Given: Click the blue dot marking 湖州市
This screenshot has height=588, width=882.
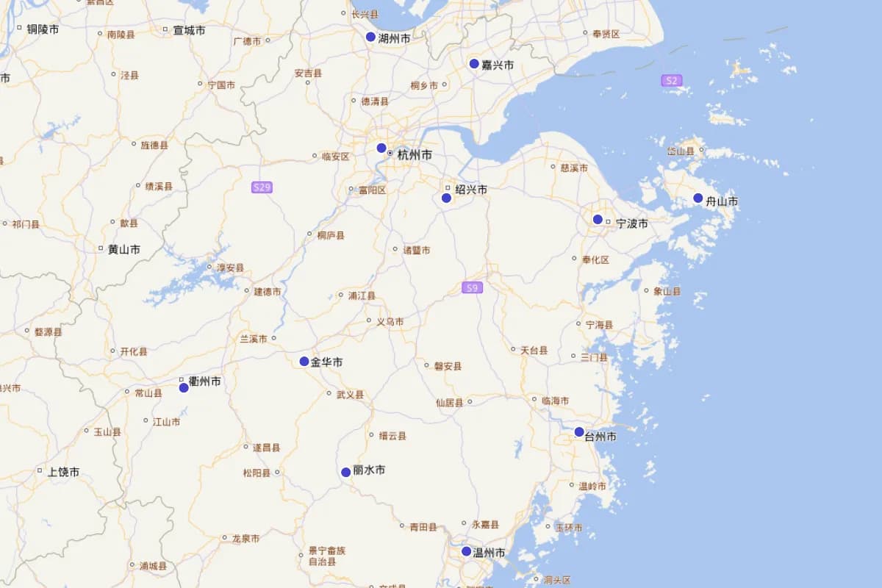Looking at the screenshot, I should (370, 37).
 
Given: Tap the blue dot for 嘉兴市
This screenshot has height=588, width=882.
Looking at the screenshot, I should (474, 63).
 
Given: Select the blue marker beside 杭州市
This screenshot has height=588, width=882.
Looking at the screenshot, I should (381, 148).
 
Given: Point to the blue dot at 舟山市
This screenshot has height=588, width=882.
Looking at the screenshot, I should (698, 198).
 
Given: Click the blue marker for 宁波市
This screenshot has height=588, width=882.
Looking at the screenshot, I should (598, 219).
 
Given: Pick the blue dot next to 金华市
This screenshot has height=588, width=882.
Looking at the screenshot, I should (304, 361).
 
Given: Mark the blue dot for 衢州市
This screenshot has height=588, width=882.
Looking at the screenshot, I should (184, 387).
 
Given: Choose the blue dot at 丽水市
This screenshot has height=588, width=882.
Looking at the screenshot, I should (345, 472).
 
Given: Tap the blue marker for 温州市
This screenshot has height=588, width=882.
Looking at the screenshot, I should (466, 551).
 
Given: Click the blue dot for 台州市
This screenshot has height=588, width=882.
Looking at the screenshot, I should (579, 431).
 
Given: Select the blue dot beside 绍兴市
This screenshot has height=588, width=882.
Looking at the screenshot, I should (446, 198).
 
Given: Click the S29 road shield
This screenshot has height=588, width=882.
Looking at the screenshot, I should (262, 187).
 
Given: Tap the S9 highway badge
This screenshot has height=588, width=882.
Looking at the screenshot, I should (473, 287).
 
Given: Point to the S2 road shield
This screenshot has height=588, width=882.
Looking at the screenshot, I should (670, 80).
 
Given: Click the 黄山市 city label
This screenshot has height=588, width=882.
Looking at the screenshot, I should (123, 249).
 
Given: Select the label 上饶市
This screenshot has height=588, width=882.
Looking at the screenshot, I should (63, 472).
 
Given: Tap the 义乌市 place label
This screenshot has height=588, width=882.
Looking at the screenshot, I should (390, 321).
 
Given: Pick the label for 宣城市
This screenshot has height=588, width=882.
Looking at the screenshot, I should (189, 31).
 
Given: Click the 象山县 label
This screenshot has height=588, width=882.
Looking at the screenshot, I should (667, 291).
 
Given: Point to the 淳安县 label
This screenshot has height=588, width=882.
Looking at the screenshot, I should (229, 268).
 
